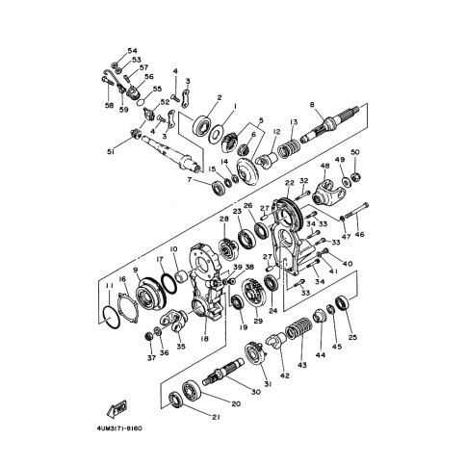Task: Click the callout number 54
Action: (134, 50)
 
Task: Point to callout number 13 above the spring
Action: (295, 121)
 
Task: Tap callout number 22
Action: (289, 183)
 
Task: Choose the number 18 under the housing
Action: (203, 339)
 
